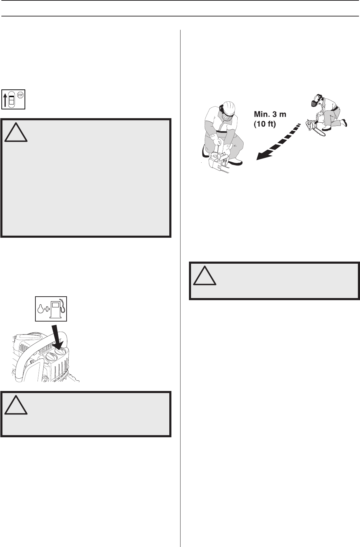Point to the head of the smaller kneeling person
pos(317,102)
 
